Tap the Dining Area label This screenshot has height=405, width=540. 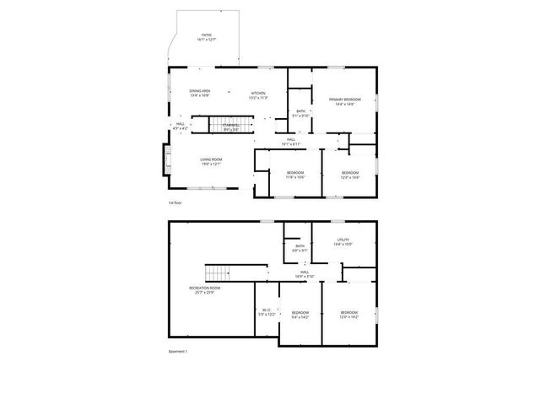pos(200,93)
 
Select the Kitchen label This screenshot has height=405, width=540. pos(258,95)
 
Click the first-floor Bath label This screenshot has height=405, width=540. pos(300,114)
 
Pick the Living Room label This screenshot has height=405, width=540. pos(211,161)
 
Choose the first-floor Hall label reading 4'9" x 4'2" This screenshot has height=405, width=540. pos(180,126)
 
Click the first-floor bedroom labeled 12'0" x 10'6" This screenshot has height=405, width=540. pos(350,175)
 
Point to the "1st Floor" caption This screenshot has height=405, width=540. pos(175,202)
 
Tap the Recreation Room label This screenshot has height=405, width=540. pos(205,290)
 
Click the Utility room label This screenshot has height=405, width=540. pos(343,242)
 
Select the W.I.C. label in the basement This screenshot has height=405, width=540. pos(266,312)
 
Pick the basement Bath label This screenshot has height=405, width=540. pos(300,248)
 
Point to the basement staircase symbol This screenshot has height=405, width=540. pos(218,273)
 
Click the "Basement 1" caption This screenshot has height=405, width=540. pos(177,351)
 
